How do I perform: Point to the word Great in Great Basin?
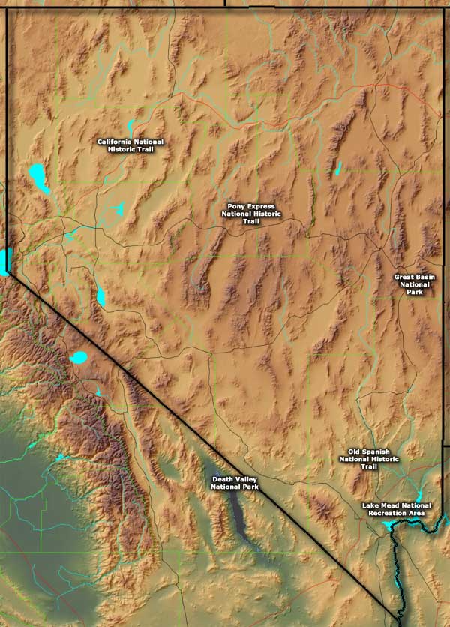coord(405,277)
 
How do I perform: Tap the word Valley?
coord(247,478)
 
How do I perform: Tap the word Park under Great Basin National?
coord(415,293)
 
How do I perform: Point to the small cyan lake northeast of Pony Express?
coord(339,169)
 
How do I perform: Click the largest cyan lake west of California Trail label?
coord(38,178)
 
